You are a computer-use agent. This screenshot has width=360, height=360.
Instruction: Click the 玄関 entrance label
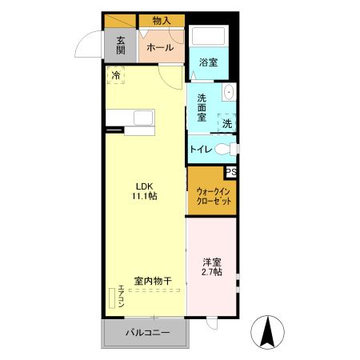(x=121, y=46)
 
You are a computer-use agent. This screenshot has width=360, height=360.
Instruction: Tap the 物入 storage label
(x=162, y=21)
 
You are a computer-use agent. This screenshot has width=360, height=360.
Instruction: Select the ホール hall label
(x=160, y=48)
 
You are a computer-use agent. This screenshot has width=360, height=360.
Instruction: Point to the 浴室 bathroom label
(x=209, y=62)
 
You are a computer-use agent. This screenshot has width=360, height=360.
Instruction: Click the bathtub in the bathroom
(x=209, y=36)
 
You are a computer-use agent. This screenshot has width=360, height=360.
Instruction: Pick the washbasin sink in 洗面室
(x=229, y=92)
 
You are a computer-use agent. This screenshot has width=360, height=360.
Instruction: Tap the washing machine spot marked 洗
(x=227, y=123)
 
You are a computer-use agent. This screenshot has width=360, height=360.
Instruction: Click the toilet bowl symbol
(x=223, y=149)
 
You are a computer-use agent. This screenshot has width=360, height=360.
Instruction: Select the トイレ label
(x=201, y=149)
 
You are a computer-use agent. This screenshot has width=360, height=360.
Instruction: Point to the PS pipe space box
(x=231, y=172)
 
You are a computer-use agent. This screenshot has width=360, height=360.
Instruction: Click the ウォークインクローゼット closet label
(x=214, y=196)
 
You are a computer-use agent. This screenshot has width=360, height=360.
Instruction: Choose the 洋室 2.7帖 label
(x=213, y=267)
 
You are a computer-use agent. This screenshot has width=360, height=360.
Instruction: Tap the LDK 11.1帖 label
(x=145, y=191)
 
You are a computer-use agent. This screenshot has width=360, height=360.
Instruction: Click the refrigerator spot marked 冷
(x=116, y=75)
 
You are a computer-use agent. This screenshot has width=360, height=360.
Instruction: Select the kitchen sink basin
(x=143, y=118)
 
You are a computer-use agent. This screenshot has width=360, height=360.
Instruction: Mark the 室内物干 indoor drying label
(x=153, y=281)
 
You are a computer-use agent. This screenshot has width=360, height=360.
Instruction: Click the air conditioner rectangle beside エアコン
(x=112, y=298)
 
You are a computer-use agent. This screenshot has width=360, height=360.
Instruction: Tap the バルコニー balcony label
(x=148, y=333)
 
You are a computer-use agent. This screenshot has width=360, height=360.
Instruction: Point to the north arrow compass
(x=268, y=332)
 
